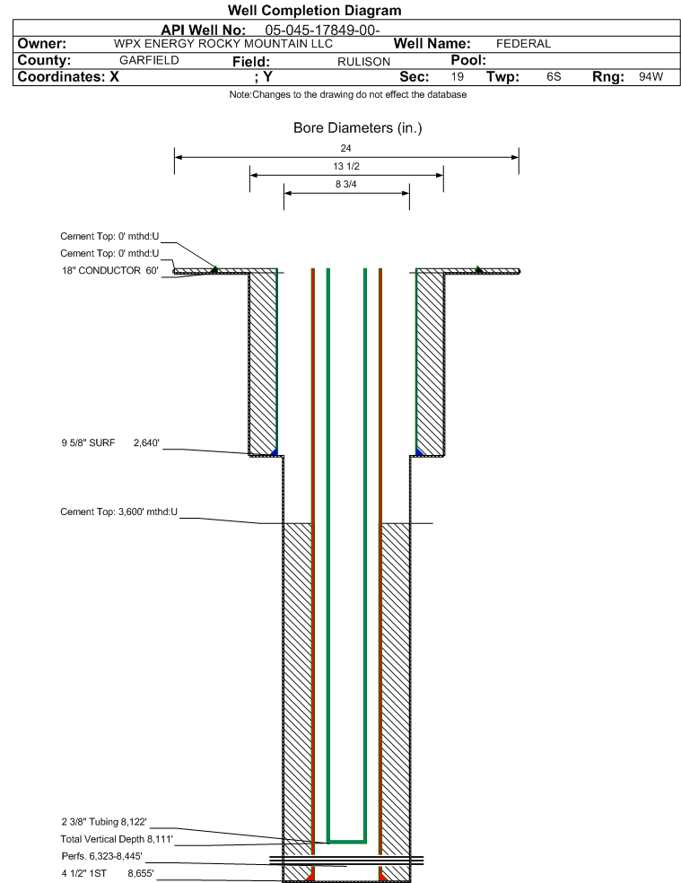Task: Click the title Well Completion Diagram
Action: coord(314,10)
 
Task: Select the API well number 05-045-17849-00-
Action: coord(322,30)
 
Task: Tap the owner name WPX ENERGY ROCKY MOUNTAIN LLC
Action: coord(223,43)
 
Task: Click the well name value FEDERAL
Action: coord(523,43)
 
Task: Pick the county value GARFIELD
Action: coord(149,60)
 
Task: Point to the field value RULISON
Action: coord(364,61)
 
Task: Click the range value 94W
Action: coord(651,76)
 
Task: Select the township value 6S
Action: coord(554,76)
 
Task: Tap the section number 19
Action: coord(458,76)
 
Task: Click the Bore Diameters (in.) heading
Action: coord(358,127)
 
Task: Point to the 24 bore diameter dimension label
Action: coord(345,148)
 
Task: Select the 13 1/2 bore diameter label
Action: coord(345,166)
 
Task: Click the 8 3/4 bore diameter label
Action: coord(345,184)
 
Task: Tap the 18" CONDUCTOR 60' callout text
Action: coord(109,270)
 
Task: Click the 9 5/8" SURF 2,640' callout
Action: coord(110,442)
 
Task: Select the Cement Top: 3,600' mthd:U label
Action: coord(118,511)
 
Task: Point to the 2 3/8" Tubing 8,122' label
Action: coord(104,822)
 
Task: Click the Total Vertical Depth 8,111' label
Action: coord(117,839)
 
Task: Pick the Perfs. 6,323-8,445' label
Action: coord(102,857)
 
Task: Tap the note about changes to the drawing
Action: coord(347,94)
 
